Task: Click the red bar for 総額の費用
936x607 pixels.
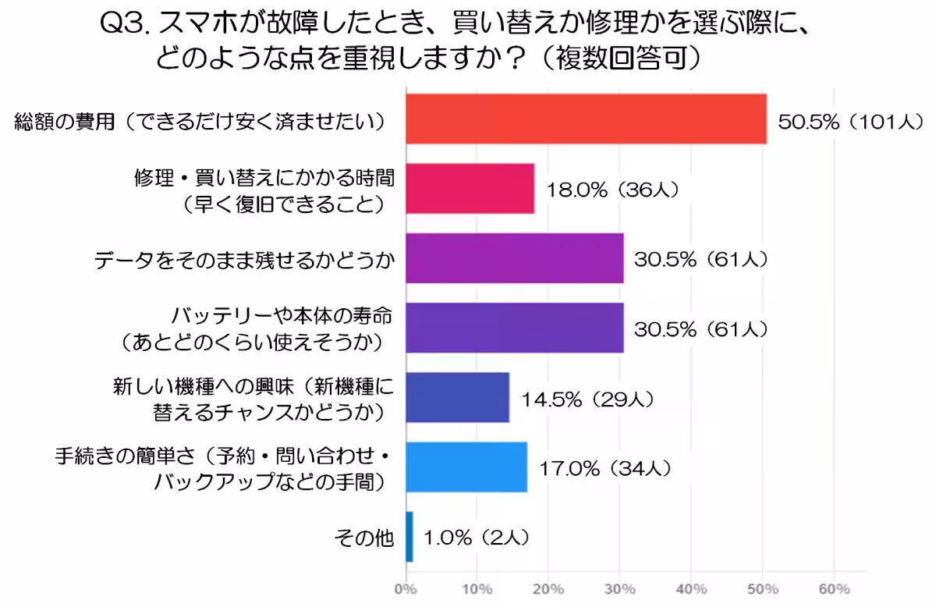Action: click(586, 119)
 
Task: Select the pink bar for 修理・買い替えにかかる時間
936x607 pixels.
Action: click(470, 188)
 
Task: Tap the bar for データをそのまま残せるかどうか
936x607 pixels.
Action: click(514, 257)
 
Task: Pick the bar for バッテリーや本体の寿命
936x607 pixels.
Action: click(514, 327)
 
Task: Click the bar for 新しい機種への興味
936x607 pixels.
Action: click(457, 397)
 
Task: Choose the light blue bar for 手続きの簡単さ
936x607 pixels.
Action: click(466, 467)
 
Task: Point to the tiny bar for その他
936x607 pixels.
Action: click(409, 536)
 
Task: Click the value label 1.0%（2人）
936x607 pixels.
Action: click(477, 538)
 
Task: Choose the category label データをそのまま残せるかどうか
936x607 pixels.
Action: click(244, 259)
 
